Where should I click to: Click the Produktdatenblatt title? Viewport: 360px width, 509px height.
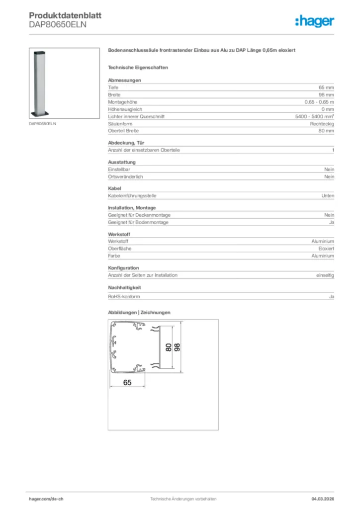[x=65, y=15]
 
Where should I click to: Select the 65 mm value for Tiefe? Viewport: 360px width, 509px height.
[x=326, y=87]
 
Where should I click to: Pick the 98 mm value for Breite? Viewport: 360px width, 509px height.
[x=326, y=94]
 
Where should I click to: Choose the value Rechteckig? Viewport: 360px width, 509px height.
[x=322, y=124]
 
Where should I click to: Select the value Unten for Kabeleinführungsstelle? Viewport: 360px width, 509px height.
[x=328, y=196]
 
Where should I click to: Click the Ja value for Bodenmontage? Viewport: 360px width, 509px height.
[x=331, y=222]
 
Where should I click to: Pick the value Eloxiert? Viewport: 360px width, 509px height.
[x=326, y=249]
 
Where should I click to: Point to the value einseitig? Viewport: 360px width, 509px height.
[x=325, y=275]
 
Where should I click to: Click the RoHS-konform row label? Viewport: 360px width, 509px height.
[x=124, y=297]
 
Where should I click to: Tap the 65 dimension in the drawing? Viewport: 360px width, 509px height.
[x=127, y=382]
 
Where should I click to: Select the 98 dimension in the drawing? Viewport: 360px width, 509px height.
[x=177, y=347]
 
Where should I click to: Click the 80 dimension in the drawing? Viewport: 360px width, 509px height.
[x=169, y=347]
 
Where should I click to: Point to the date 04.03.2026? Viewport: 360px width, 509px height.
[x=323, y=499]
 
